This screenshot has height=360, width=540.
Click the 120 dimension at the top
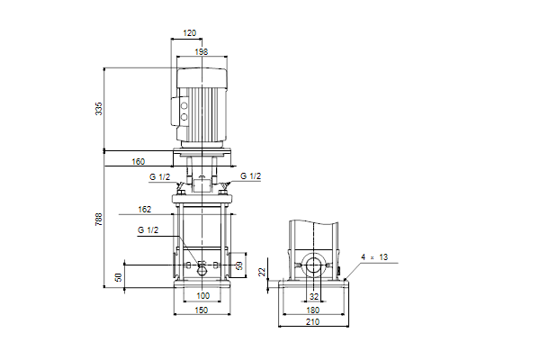[x=189, y=32]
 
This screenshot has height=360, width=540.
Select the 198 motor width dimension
[x=202, y=51]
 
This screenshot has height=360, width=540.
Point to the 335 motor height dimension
[x=99, y=109]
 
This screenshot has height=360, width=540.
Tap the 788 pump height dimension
[x=99, y=220]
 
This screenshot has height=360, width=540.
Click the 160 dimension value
[x=139, y=162]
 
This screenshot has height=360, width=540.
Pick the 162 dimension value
[x=145, y=210]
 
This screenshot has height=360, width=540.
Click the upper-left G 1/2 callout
[x=160, y=177]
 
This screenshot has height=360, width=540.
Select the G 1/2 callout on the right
[x=251, y=176]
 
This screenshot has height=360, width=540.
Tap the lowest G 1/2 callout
[x=148, y=230]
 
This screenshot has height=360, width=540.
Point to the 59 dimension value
[x=239, y=265]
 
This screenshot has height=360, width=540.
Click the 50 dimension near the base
[x=119, y=277]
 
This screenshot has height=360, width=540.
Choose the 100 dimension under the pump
[x=203, y=295]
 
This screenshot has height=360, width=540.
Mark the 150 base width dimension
[x=202, y=310]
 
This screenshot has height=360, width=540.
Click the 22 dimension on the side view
[x=263, y=272]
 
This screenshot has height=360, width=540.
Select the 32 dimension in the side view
[x=314, y=297]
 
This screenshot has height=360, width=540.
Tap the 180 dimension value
[x=312, y=310]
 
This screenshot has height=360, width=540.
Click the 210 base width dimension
[x=312, y=322]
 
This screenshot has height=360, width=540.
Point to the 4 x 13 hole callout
[x=374, y=257]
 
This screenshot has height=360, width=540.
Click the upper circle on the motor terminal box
[x=184, y=106]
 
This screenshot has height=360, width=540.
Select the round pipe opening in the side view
[x=313, y=266]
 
